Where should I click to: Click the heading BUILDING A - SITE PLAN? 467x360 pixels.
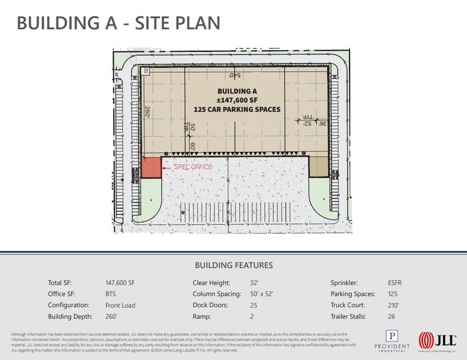pyautogui.click(x=118, y=23)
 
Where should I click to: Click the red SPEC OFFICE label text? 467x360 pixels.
pyautogui.click(x=193, y=167)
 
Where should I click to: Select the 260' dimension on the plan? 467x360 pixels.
pyautogui.click(x=148, y=111)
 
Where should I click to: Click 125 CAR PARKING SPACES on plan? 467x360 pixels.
pyautogui.click(x=236, y=110)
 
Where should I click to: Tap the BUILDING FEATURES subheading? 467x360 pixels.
pyautogui.click(x=233, y=265)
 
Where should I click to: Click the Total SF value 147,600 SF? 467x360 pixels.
pyautogui.click(x=120, y=283)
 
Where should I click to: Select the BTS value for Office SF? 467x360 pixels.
pyautogui.click(x=111, y=294)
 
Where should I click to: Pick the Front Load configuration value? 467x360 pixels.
pyautogui.click(x=121, y=305)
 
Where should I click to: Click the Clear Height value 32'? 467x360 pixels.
pyautogui.click(x=255, y=283)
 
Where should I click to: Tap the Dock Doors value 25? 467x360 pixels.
pyautogui.click(x=253, y=305)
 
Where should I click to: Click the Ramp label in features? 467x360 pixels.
pyautogui.click(x=202, y=317)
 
